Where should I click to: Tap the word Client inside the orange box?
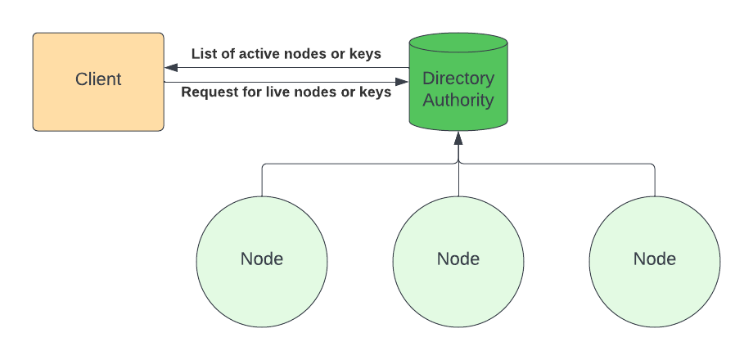98,79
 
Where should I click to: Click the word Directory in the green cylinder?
458,79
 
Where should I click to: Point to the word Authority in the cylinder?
458,101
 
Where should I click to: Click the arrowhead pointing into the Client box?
171,68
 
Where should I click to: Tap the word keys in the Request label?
375,92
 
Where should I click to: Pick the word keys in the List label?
365,54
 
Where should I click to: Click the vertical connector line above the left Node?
262,180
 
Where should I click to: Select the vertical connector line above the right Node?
655,180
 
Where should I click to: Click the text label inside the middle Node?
458,259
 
